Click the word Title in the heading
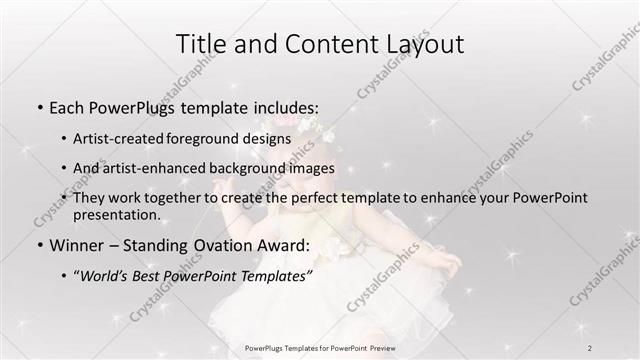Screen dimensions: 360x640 click(200, 44)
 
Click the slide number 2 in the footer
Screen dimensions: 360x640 click(590, 347)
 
